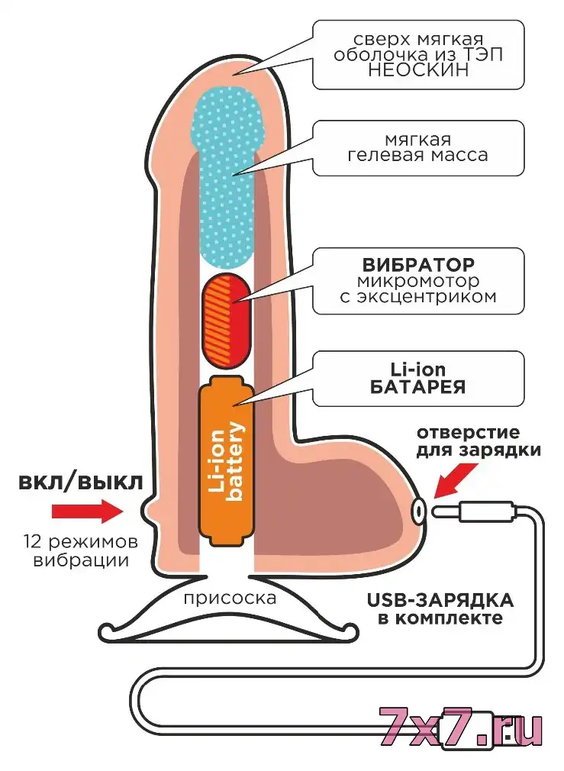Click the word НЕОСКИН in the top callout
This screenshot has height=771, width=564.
(x=418, y=69)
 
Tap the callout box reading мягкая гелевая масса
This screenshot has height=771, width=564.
(x=418, y=148)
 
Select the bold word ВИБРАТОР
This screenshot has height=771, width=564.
(x=418, y=265)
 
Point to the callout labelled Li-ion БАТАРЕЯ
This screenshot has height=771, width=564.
(x=418, y=378)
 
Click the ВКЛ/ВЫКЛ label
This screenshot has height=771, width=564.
(x=80, y=482)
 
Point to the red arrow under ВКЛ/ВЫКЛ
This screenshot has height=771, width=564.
(x=88, y=511)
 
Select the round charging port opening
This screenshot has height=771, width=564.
(x=418, y=511)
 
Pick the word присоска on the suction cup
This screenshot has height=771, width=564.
(x=230, y=599)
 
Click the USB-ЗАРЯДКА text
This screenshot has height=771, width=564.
(x=440, y=600)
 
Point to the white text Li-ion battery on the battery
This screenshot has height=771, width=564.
(x=227, y=461)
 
